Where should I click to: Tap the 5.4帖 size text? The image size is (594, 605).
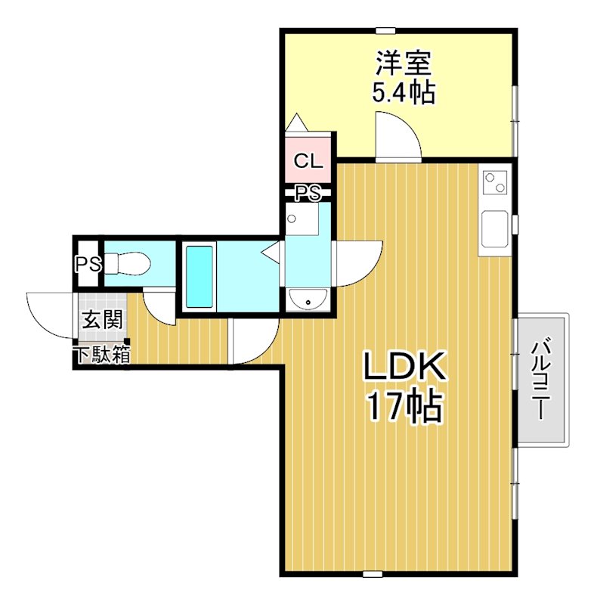tap(403, 92)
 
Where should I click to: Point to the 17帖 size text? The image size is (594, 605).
tap(404, 408)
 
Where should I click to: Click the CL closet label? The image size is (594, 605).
tap(308, 160)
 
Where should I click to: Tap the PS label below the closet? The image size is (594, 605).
tap(308, 194)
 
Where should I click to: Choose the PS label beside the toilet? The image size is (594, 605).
tap(88, 265)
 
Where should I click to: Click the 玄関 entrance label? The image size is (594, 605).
tap(101, 319)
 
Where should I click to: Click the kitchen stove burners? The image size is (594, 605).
tap(494, 181)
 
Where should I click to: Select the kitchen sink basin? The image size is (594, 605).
tap(494, 228)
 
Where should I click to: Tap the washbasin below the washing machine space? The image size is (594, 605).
tap(307, 300)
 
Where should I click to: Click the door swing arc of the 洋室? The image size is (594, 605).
tap(398, 136)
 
